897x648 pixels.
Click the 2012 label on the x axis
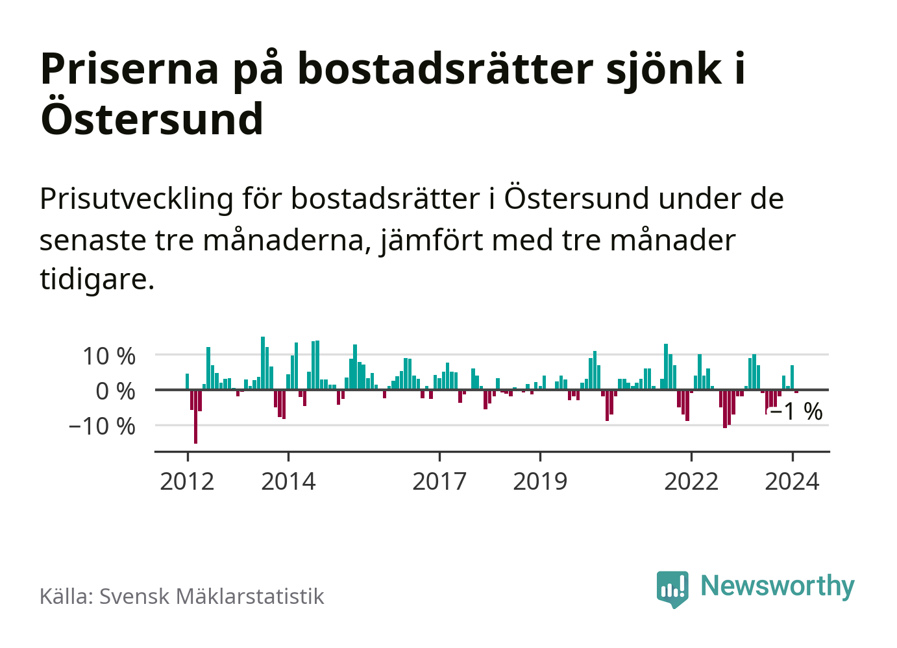pyautogui.click(x=187, y=482)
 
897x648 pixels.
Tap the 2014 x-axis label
pyautogui.click(x=288, y=482)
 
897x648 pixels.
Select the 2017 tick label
pyautogui.click(x=439, y=482)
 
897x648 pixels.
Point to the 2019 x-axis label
pyautogui.click(x=540, y=482)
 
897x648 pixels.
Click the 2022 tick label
pyautogui.click(x=691, y=482)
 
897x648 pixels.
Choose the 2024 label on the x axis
pyautogui.click(x=792, y=482)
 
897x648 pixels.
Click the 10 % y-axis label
pyautogui.click(x=108, y=356)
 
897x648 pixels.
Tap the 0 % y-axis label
pyautogui.click(x=116, y=391)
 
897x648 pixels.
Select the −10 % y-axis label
pyautogui.click(x=102, y=426)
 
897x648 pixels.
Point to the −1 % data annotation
pyautogui.click(x=796, y=411)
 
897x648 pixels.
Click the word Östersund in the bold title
pyautogui.click(x=152, y=119)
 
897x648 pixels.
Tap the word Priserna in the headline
pyautogui.click(x=130, y=69)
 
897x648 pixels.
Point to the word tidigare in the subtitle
pyautogui.click(x=97, y=280)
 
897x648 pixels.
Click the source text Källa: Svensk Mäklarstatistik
pyautogui.click(x=182, y=596)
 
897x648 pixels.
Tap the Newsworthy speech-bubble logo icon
pyautogui.click(x=672, y=588)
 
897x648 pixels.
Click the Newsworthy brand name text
pyautogui.click(x=778, y=586)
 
